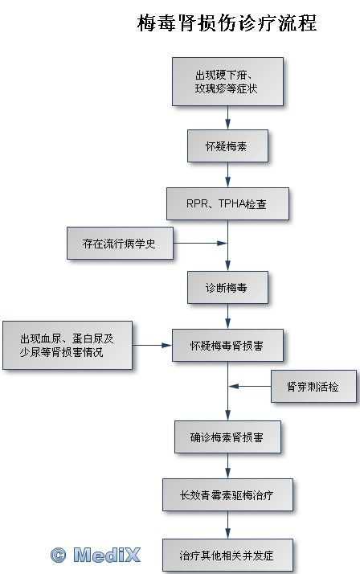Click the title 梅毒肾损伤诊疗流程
tap(227, 23)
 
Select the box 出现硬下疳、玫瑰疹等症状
tap(227, 82)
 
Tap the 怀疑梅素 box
tap(227, 146)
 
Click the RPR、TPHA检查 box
tap(227, 204)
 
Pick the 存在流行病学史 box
tap(120, 243)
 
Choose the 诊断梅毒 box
tap(227, 287)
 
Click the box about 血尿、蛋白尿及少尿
tap(67, 345)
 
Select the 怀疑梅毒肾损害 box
tap(227, 345)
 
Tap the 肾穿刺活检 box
tap(313, 386)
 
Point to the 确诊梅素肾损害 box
tap(227, 437)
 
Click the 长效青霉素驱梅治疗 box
tap(227, 494)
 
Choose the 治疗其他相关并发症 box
tap(227, 555)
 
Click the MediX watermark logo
tap(96, 555)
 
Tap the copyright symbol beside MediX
tap(58, 555)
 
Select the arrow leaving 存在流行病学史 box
tap(200, 243)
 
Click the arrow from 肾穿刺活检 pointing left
tap(250, 386)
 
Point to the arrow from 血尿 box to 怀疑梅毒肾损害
tap(152, 345)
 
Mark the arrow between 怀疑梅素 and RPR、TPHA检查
tap(227, 174)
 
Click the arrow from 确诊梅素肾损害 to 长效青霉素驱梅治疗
tap(227, 465)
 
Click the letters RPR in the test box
tap(197, 203)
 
